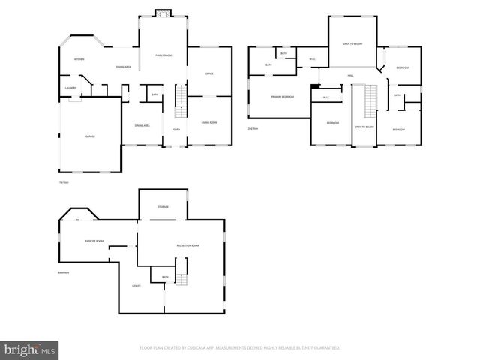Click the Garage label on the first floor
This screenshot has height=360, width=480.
click(89, 136)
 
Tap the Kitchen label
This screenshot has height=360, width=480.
click(79, 58)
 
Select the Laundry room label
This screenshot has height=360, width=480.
click(70, 88)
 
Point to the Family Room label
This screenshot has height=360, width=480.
click(163, 55)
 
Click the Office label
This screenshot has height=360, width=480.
click(209, 73)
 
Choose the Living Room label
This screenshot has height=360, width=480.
click(209, 122)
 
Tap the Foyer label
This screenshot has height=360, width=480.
click(175, 129)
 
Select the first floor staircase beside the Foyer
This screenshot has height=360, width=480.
click(179, 100)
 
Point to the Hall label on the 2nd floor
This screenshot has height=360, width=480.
click(350, 76)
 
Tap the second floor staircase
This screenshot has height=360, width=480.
click(367, 101)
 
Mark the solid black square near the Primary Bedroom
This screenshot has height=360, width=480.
click(314, 85)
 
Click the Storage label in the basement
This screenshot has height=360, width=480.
click(163, 206)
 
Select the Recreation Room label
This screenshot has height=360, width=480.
click(187, 245)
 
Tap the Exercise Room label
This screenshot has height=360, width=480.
click(94, 241)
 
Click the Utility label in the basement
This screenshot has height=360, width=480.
click(136, 285)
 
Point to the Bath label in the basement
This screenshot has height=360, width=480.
click(165, 277)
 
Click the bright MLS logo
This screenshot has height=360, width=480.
click(30, 349)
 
